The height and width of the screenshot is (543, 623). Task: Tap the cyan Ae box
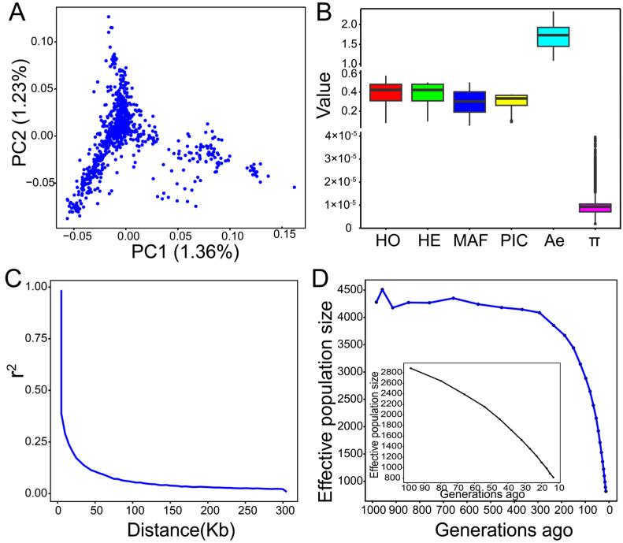[553, 36]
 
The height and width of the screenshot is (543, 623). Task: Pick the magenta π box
[595, 207]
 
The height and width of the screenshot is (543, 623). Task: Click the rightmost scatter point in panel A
[295, 187]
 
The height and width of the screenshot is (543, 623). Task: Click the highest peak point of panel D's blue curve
[383, 289]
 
